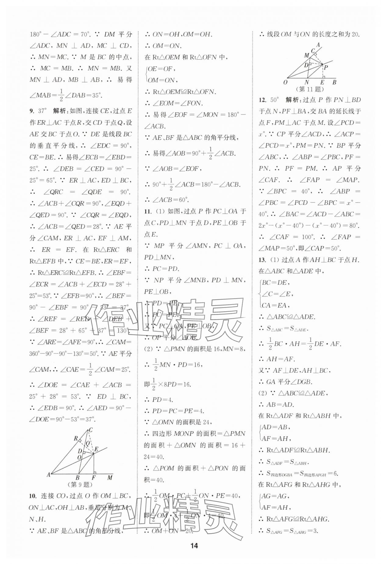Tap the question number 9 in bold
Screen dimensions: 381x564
pyautogui.click(x=31, y=111)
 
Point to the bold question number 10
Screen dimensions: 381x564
pyautogui.click(x=33, y=496)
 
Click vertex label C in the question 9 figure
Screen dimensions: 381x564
pyautogui.click(x=91, y=430)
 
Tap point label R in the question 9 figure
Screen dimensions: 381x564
pyautogui.click(x=76, y=438)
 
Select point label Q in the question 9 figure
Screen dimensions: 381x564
pyautogui.click(x=88, y=443)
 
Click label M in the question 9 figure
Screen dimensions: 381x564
pyautogui.click(x=110, y=478)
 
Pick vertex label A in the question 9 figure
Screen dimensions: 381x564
pyautogui.click(x=48, y=474)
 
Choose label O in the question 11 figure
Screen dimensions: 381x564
pyautogui.click(x=285, y=82)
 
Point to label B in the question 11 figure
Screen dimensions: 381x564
pyautogui.click(x=334, y=82)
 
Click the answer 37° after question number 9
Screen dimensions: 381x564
pyautogui.click(x=43, y=111)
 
